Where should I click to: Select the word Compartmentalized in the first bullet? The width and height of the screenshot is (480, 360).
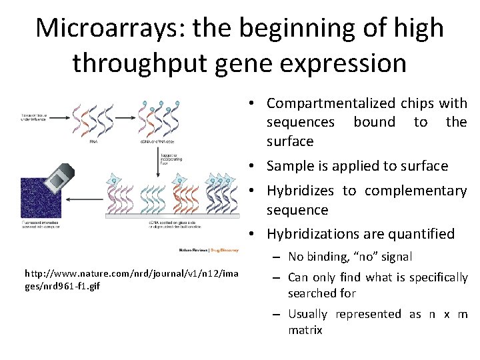[x=329, y=103]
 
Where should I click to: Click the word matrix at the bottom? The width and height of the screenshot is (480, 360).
[x=305, y=330]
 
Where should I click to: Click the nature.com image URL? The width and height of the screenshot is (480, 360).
[x=131, y=279]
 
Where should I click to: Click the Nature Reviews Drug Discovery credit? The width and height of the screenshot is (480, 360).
[x=208, y=250]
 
